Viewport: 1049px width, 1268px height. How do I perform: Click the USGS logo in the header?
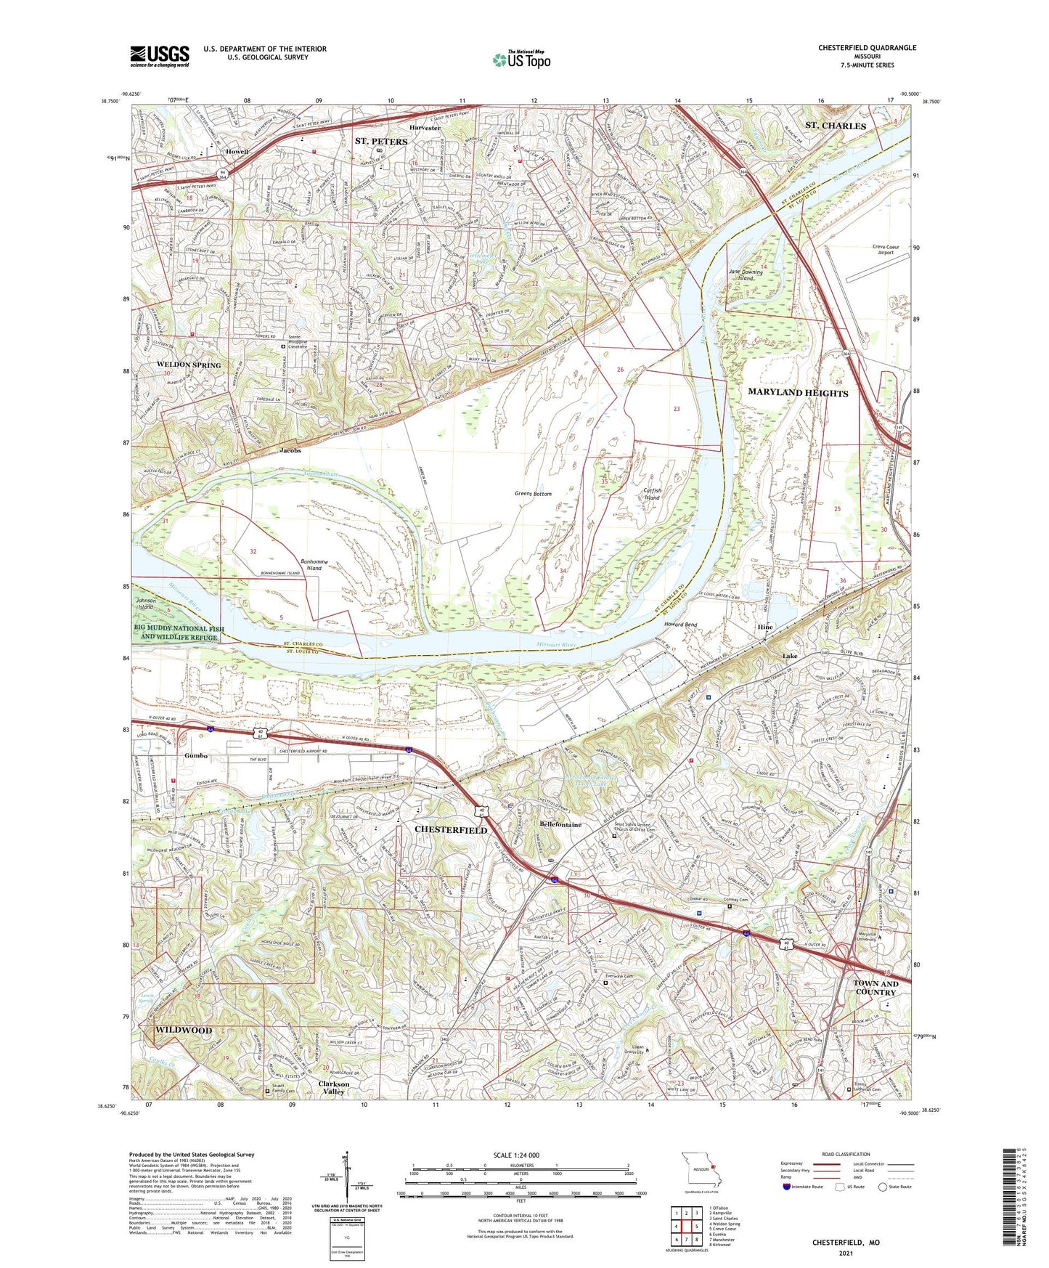[x=160, y=55]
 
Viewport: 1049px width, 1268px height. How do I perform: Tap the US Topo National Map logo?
[x=521, y=59]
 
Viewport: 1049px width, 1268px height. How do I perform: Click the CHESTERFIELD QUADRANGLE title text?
[x=867, y=48]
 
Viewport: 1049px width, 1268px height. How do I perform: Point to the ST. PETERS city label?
[x=381, y=141]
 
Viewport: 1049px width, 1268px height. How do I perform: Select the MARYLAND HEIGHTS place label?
[x=798, y=393]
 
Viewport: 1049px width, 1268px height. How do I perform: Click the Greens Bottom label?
[x=533, y=494]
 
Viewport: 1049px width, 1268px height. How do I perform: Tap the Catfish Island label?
[x=652, y=494]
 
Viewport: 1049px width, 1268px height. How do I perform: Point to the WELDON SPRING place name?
[x=189, y=365]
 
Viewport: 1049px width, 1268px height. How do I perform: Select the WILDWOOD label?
[x=184, y=1030]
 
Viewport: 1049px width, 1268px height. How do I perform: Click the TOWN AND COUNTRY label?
[x=875, y=988]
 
